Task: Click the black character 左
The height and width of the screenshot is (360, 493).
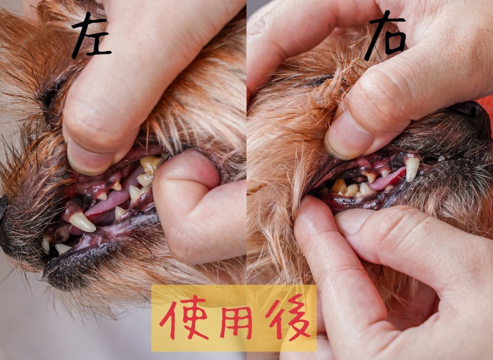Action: (91, 36)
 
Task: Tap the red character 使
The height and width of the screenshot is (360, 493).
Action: (184, 318)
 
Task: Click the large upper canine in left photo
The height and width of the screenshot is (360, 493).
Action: (82, 222)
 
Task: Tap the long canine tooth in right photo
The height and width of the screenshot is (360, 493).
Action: (412, 169)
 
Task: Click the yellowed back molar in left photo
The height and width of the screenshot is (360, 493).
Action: (150, 165)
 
